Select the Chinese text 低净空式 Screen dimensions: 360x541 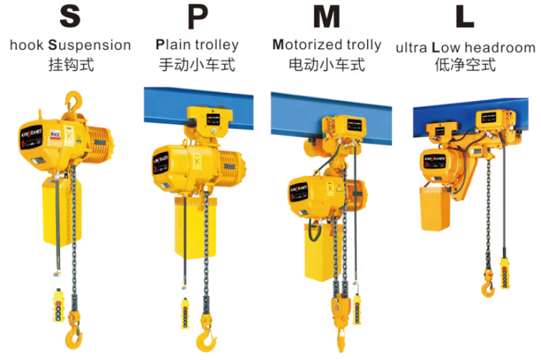(x=465, y=65)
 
